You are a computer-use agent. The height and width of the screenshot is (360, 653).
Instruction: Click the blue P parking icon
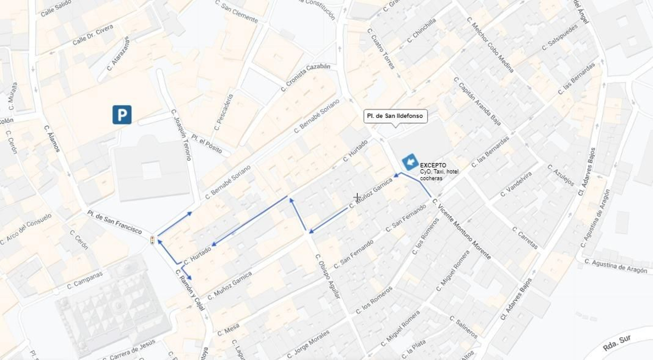(x=122, y=114)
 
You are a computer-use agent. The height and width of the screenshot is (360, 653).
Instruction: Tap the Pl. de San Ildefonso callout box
(x=395, y=116)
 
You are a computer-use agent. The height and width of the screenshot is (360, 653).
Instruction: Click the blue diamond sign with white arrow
(x=410, y=162)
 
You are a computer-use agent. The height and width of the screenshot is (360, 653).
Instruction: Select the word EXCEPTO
(x=433, y=165)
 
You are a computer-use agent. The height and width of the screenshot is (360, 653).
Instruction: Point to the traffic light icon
(x=153, y=240)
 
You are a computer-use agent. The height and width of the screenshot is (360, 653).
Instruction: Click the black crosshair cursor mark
(x=357, y=198)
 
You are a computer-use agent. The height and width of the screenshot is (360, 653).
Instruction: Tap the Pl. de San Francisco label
(x=114, y=222)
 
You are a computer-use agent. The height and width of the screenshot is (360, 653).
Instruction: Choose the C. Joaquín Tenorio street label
(x=181, y=135)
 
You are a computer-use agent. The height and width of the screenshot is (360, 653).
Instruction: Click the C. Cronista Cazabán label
(x=305, y=77)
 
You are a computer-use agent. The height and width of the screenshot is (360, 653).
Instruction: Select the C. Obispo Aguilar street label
(x=327, y=276)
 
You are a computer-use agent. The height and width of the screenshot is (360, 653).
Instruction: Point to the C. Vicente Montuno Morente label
(x=461, y=229)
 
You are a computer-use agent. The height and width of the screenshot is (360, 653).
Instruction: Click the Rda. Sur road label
(x=617, y=343)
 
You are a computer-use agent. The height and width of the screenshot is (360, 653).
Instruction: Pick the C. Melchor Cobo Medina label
(x=490, y=45)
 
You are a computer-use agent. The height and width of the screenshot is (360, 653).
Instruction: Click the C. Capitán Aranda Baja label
(x=477, y=101)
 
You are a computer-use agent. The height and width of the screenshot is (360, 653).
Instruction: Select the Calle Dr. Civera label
(x=93, y=35)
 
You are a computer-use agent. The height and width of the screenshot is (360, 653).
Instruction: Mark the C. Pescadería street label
(x=224, y=112)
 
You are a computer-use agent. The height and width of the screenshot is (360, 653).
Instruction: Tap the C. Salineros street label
(x=463, y=327)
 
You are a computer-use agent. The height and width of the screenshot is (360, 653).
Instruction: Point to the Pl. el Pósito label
(x=207, y=144)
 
